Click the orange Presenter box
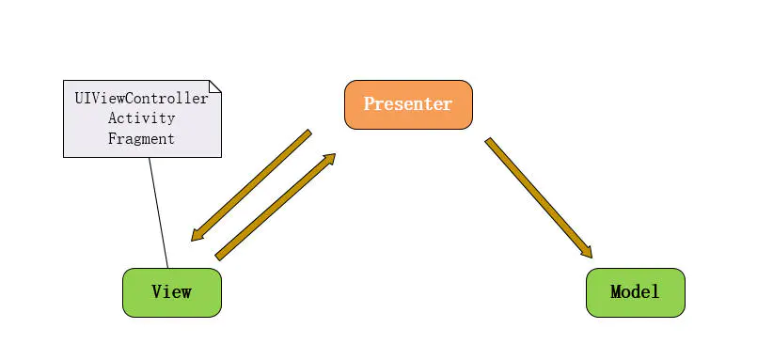click(x=408, y=104)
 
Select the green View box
click(x=172, y=292)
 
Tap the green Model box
click(x=635, y=292)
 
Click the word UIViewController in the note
click(x=142, y=98)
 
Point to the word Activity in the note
click(x=142, y=118)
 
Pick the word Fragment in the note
click(x=142, y=138)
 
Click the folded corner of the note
click(x=215, y=86)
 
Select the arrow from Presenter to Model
click(x=539, y=198)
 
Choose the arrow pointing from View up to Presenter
click(x=275, y=207)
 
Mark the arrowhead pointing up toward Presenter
click(x=328, y=161)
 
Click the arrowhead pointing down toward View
click(x=198, y=234)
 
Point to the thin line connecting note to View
click(x=158, y=212)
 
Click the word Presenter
click(x=408, y=104)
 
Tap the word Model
click(x=635, y=292)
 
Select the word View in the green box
click(x=172, y=292)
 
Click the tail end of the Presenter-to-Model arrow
click(x=489, y=142)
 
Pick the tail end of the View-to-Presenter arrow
click(x=219, y=256)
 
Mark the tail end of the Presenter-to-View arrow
click(x=308, y=133)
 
